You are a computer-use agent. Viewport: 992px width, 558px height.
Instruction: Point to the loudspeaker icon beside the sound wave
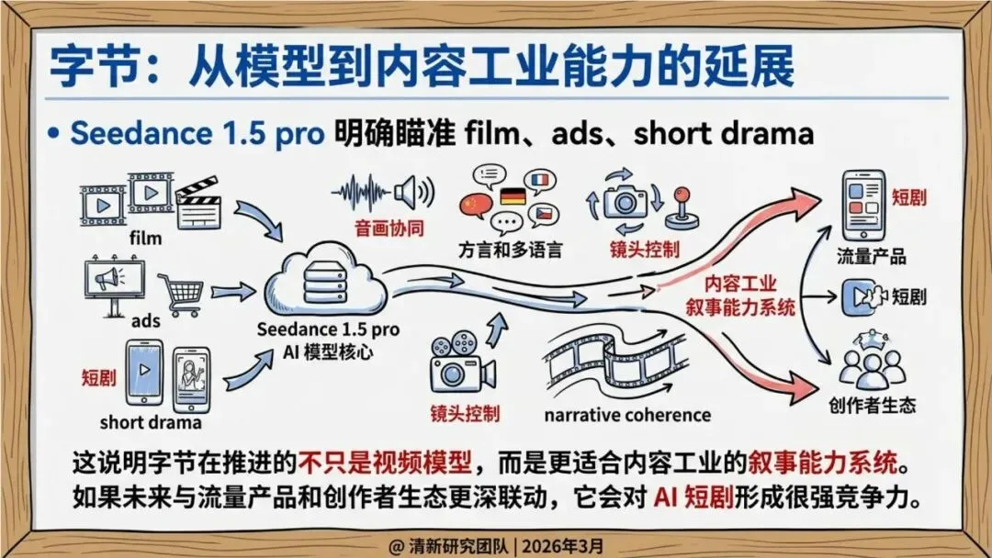tap(414, 192)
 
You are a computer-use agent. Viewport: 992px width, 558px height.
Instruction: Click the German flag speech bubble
tap(513, 195)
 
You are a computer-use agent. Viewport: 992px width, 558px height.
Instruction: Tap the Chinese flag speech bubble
tap(475, 206)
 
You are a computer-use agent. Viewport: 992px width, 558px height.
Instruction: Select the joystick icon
tap(682, 208)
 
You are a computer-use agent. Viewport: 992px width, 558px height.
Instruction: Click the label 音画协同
tap(389, 229)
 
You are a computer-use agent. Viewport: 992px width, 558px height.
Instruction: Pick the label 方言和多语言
tap(510, 251)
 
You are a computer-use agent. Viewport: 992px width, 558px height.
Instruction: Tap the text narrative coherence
tap(627, 415)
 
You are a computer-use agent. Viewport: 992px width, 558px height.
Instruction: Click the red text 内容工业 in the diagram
tap(740, 285)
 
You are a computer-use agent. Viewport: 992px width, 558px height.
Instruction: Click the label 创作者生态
tap(873, 405)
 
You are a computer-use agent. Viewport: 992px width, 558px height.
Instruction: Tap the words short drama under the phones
tap(151, 422)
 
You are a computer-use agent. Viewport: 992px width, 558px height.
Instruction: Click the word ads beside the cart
tap(145, 321)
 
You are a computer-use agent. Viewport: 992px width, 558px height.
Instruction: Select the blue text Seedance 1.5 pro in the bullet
tap(197, 133)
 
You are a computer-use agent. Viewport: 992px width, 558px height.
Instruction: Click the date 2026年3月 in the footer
tap(562, 546)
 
